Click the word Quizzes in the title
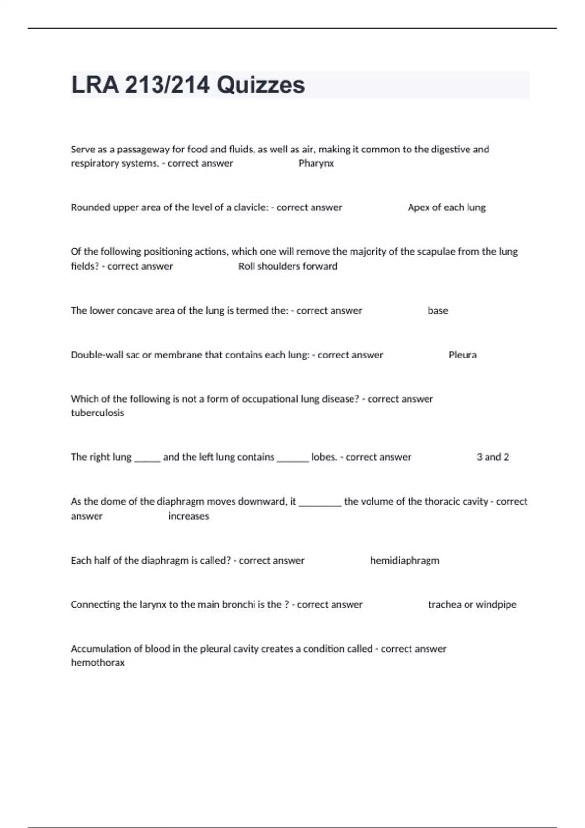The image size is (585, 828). pyautogui.click(x=261, y=85)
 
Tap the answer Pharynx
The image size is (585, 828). pyautogui.click(x=316, y=163)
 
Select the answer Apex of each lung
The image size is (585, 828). pyautogui.click(x=447, y=207)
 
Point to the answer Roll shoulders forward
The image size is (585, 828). pyautogui.click(x=288, y=266)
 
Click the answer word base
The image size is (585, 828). pyautogui.click(x=437, y=311)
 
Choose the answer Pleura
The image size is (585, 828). pyautogui.click(x=462, y=355)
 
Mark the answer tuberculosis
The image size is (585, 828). pyautogui.click(x=97, y=413)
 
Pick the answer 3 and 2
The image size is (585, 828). pyautogui.click(x=492, y=457)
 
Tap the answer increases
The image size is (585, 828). pyautogui.click(x=188, y=516)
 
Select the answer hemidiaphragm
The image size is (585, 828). pyautogui.click(x=405, y=561)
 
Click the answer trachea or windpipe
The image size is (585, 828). pyautogui.click(x=472, y=605)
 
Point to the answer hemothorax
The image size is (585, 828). pyautogui.click(x=97, y=663)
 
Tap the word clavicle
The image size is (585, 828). pyautogui.click(x=251, y=207)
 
